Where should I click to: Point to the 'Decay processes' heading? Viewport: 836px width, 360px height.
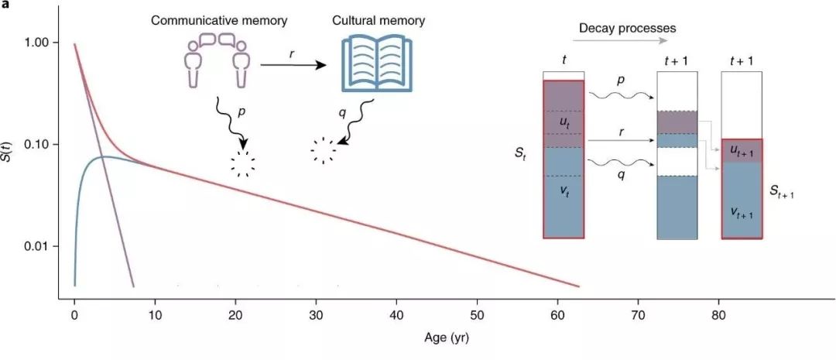627,29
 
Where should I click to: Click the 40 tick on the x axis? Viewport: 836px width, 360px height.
396,316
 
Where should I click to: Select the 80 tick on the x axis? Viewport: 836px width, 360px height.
719,316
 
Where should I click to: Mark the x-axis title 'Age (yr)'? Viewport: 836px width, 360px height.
447,338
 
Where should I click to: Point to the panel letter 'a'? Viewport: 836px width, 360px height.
5,5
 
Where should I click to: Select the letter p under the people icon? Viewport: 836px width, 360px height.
242,113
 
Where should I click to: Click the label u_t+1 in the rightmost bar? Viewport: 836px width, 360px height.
741,153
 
